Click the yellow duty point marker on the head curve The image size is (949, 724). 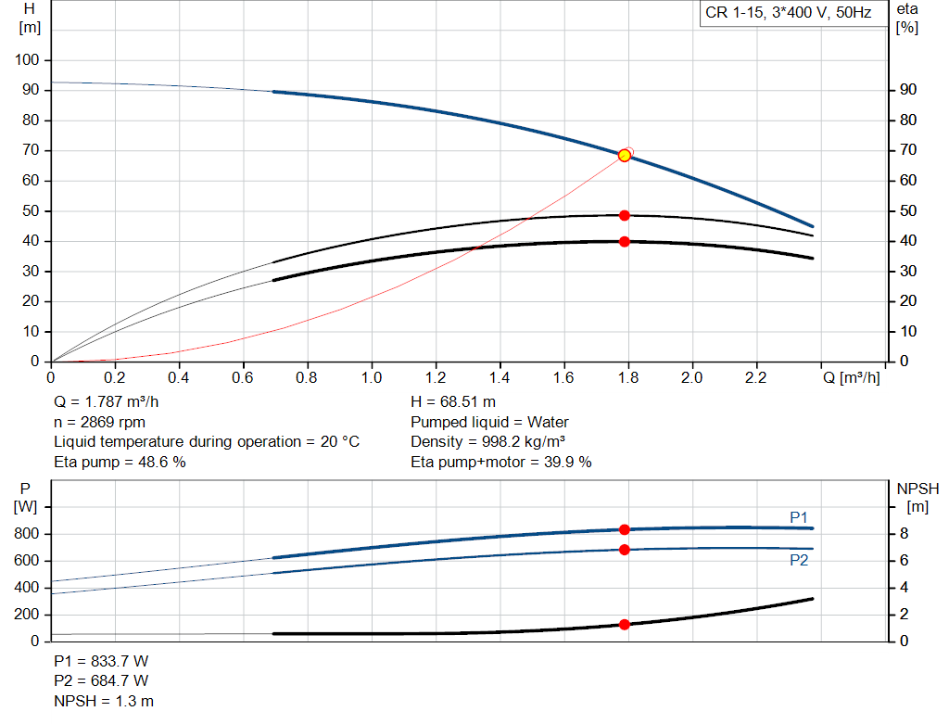tap(625, 156)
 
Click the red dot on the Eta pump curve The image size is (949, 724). tap(625, 215)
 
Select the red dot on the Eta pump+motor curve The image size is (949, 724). tap(625, 242)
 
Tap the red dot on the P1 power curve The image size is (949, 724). tap(625, 529)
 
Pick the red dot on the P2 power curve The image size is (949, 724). tap(625, 550)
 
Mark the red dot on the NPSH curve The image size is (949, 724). tap(625, 625)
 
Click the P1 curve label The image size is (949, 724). tap(799, 517)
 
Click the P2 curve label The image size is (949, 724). tap(799, 561)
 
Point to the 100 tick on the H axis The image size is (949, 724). tap(28, 60)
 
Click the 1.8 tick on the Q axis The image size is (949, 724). tap(628, 379)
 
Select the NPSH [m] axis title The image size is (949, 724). tap(917, 497)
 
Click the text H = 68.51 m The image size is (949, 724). tap(453, 402)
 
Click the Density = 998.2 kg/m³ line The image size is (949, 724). tap(488, 442)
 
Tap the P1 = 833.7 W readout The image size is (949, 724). tap(101, 662)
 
